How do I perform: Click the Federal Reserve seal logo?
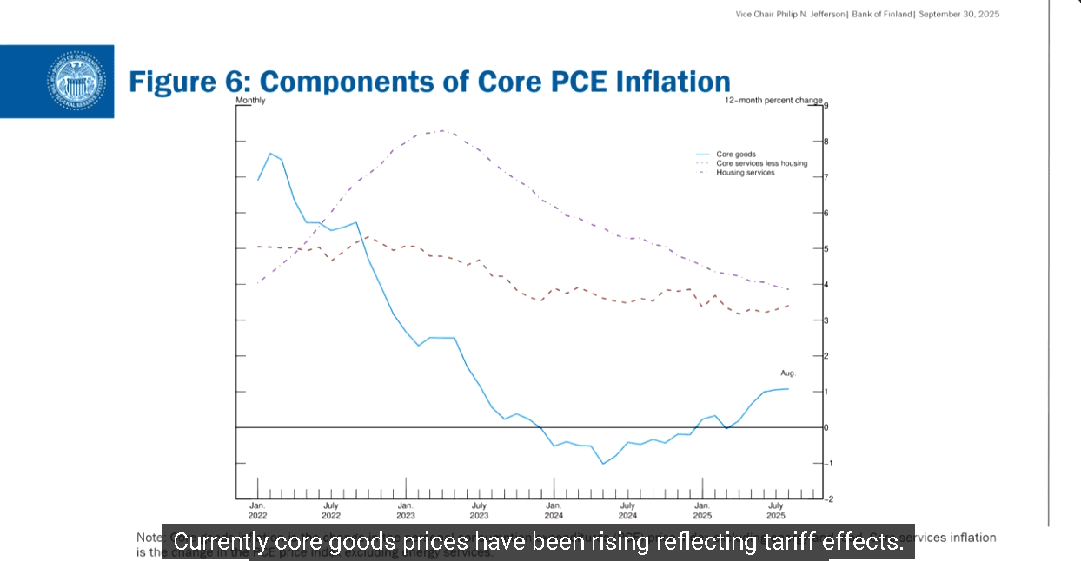point(75,82)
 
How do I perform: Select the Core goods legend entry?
point(735,155)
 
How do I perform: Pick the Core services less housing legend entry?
point(761,163)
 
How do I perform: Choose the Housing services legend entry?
point(745,172)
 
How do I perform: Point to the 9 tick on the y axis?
point(826,106)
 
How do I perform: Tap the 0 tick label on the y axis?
point(826,427)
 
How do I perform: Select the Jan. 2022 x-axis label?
point(257,510)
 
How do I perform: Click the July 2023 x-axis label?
point(479,510)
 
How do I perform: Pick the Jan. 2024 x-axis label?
point(554,510)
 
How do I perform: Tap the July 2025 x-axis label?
point(775,510)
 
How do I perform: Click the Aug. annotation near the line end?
point(787,373)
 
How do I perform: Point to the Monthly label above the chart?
point(250,101)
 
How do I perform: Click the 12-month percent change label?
point(773,101)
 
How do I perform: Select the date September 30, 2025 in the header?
point(959,15)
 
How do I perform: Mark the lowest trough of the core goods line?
point(603,463)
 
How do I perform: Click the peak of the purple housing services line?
point(442,130)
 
